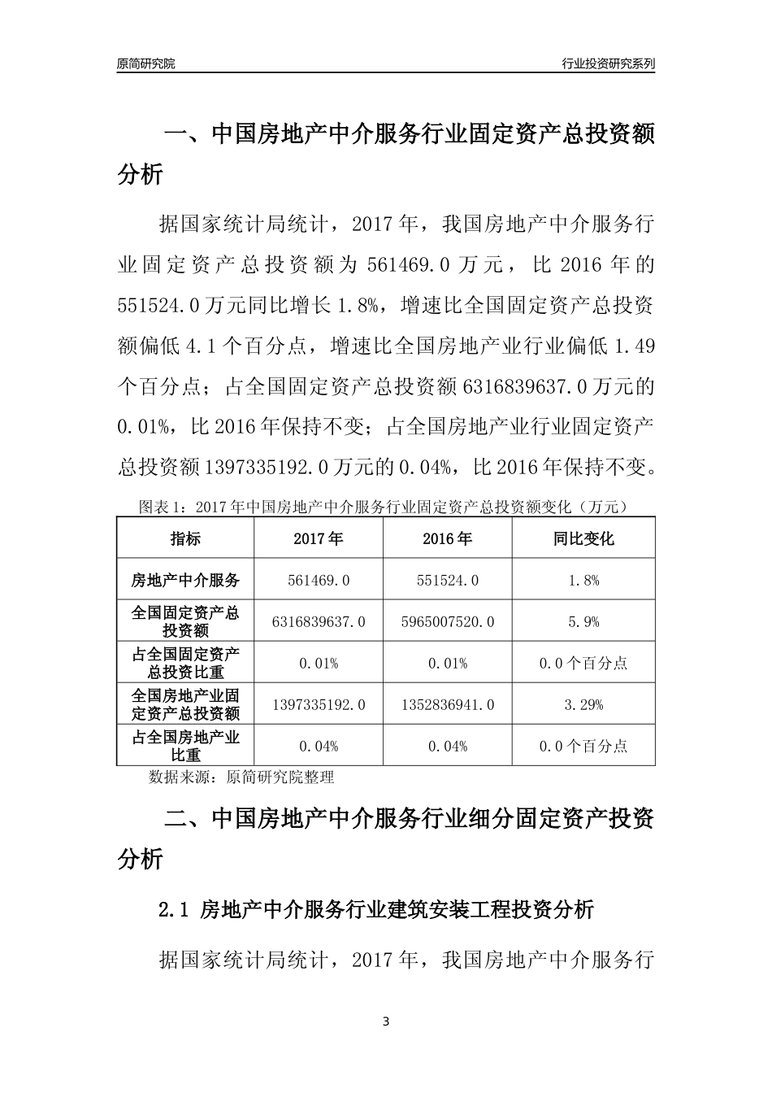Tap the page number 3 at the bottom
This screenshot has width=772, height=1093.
pyautogui.click(x=386, y=1021)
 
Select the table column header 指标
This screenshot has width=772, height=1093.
pyautogui.click(x=185, y=538)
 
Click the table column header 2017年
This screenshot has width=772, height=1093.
pyautogui.click(x=319, y=538)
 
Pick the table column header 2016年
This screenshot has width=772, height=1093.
pyautogui.click(x=448, y=538)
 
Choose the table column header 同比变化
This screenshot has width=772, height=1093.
pyautogui.click(x=583, y=538)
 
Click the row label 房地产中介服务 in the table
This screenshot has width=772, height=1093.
pyautogui.click(x=185, y=580)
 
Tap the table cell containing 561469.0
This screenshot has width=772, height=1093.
pyautogui.click(x=319, y=580)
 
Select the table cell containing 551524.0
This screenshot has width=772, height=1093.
pyautogui.click(x=448, y=580)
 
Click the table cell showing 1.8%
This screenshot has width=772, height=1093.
pyautogui.click(x=583, y=580)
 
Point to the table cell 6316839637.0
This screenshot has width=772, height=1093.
pyautogui.click(x=319, y=621)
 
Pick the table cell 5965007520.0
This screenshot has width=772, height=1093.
pyautogui.click(x=448, y=621)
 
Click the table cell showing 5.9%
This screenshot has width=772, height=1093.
pyautogui.click(x=583, y=621)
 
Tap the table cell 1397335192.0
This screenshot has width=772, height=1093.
pyautogui.click(x=319, y=704)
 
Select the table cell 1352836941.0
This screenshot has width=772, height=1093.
pyautogui.click(x=448, y=704)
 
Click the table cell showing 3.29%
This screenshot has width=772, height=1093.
pyautogui.click(x=583, y=704)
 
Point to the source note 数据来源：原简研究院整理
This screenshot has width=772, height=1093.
pyautogui.click(x=241, y=777)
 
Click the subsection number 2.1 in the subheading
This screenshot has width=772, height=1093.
pyautogui.click(x=174, y=909)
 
